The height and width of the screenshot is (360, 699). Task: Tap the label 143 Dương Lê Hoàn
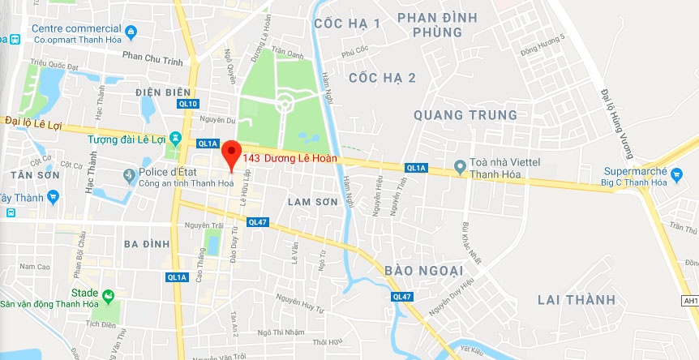[289, 157]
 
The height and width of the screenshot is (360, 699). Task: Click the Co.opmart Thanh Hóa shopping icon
[131, 32]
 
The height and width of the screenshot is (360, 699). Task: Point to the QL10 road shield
[188, 104]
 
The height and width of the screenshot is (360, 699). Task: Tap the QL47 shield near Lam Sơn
[258, 221]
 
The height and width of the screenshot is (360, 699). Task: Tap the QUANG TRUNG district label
[465, 115]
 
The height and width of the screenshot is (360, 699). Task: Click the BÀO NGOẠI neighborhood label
[423, 269]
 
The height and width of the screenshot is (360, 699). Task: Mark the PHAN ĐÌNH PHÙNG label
[436, 24]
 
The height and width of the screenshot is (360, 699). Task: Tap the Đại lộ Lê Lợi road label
[32, 121]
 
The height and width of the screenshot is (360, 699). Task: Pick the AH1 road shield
[690, 301]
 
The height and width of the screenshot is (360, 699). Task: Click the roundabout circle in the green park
[285, 104]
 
